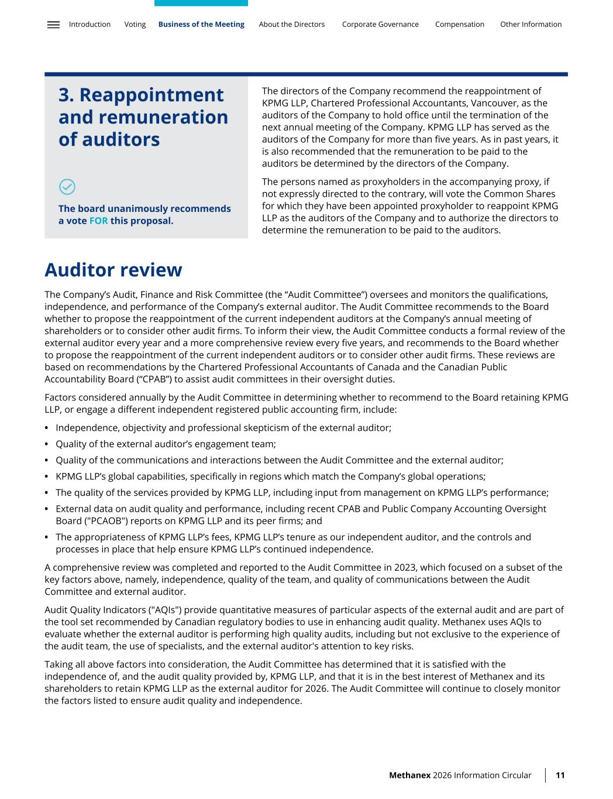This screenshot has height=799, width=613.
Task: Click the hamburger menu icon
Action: [x=53, y=25]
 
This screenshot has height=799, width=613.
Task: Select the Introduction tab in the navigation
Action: [x=89, y=25]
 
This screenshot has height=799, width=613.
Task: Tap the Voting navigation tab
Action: [x=135, y=25]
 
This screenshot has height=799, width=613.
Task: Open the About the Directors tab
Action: [x=291, y=25]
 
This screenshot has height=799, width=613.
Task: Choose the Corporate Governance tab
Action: [x=380, y=25]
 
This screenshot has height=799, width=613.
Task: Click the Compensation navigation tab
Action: [x=459, y=25]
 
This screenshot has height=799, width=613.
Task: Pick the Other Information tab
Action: [x=531, y=25]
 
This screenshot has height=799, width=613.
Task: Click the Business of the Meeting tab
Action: [x=201, y=25]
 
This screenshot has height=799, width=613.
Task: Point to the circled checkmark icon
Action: [x=67, y=187]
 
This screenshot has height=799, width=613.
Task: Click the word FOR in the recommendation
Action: [x=98, y=221]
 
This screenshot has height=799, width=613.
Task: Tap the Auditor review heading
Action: [x=113, y=270]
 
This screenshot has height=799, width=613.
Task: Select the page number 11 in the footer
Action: [x=560, y=775]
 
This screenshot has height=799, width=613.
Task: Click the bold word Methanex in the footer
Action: [x=409, y=775]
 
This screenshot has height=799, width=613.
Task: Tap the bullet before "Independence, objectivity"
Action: [x=47, y=428]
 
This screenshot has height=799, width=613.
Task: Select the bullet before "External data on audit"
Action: [x=47, y=509]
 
